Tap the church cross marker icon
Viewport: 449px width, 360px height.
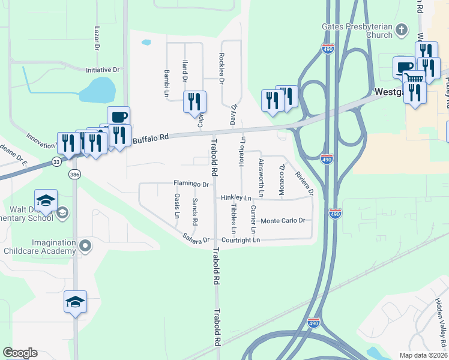(x=402, y=30)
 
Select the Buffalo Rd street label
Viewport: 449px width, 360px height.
(x=148, y=139)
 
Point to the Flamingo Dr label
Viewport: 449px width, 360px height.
(x=191, y=184)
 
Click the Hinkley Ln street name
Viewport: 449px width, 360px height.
(x=235, y=197)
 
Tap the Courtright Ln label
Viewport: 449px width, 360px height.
(x=240, y=240)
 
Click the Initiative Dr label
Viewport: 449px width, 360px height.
(x=103, y=70)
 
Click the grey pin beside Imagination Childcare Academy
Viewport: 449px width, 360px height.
(x=85, y=245)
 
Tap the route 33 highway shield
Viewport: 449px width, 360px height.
(x=56, y=161)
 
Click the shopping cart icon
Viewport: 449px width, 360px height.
(x=414, y=77)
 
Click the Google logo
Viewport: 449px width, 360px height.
(x=20, y=353)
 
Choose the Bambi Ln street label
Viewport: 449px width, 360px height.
(x=166, y=82)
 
